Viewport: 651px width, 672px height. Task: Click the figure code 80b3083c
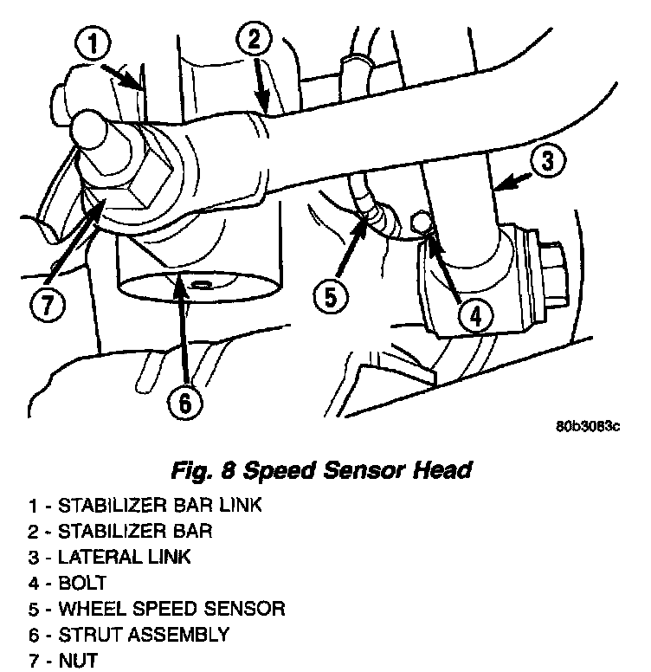click(x=589, y=427)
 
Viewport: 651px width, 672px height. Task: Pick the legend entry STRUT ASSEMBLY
click(x=131, y=634)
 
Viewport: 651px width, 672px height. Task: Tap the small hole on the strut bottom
click(x=201, y=282)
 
